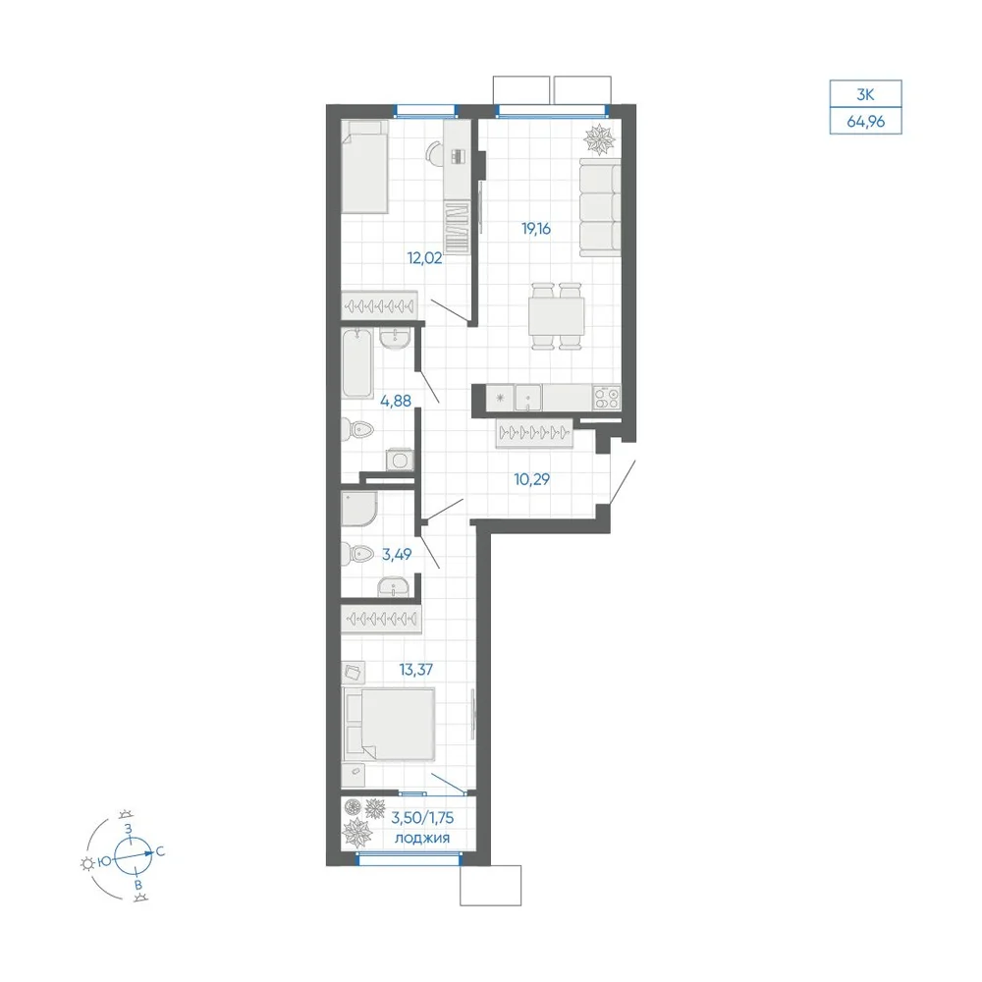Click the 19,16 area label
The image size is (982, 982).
(536, 229)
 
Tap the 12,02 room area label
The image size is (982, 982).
(424, 257)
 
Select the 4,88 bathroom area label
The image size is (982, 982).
(396, 401)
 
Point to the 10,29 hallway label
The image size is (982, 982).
(531, 479)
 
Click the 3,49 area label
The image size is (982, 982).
(397, 554)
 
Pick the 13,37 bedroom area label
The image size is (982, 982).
(416, 670)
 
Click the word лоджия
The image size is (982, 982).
(422, 838)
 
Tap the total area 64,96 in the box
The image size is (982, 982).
(866, 122)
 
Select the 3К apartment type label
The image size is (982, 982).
(865, 94)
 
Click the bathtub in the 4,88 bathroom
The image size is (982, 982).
(357, 363)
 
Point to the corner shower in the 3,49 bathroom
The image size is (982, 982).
(358, 508)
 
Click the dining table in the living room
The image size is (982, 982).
(556, 316)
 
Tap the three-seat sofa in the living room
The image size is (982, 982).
(600, 207)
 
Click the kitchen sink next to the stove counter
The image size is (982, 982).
(528, 398)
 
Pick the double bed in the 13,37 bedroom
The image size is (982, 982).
(388, 725)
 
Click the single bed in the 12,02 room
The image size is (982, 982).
(365, 167)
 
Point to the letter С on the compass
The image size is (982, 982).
(160, 851)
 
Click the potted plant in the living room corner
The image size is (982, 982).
(600, 139)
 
